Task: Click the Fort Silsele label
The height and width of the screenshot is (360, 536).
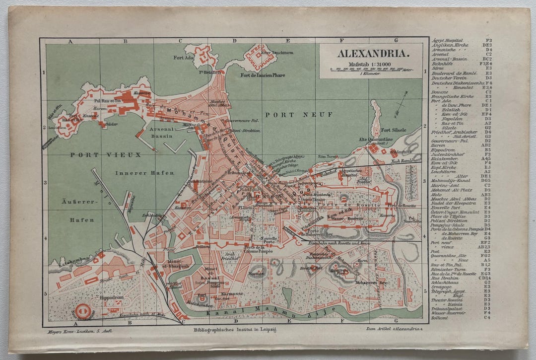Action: (393, 130)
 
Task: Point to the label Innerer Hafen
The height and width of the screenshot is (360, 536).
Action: (144, 173)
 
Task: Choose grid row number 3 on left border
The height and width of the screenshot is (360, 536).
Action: (44, 182)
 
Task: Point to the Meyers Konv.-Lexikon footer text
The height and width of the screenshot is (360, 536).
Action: (68, 330)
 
